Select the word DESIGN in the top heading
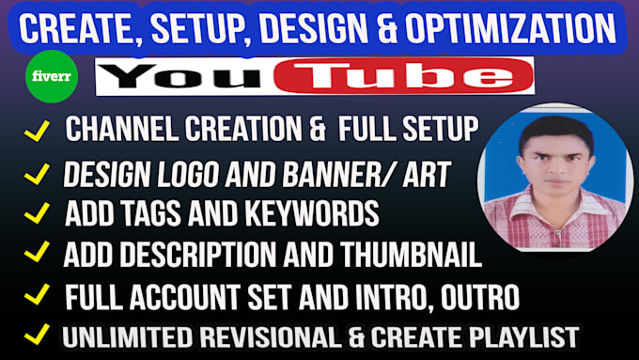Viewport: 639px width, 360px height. [306, 29]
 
